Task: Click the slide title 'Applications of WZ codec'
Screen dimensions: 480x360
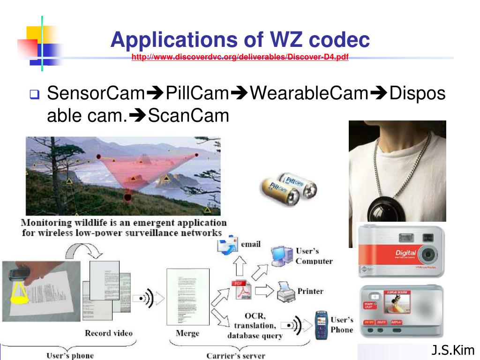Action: tap(240, 40)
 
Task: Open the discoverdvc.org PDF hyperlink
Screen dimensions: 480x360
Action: tap(240, 58)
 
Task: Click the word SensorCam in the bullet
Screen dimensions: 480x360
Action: tap(96, 94)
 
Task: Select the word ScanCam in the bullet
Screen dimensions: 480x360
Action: tap(189, 115)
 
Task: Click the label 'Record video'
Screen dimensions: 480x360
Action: tap(109, 333)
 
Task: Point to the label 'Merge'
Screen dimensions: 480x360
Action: tap(187, 333)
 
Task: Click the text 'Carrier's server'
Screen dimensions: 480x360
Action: tap(236, 355)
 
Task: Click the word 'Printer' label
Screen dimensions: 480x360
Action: tap(310, 291)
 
